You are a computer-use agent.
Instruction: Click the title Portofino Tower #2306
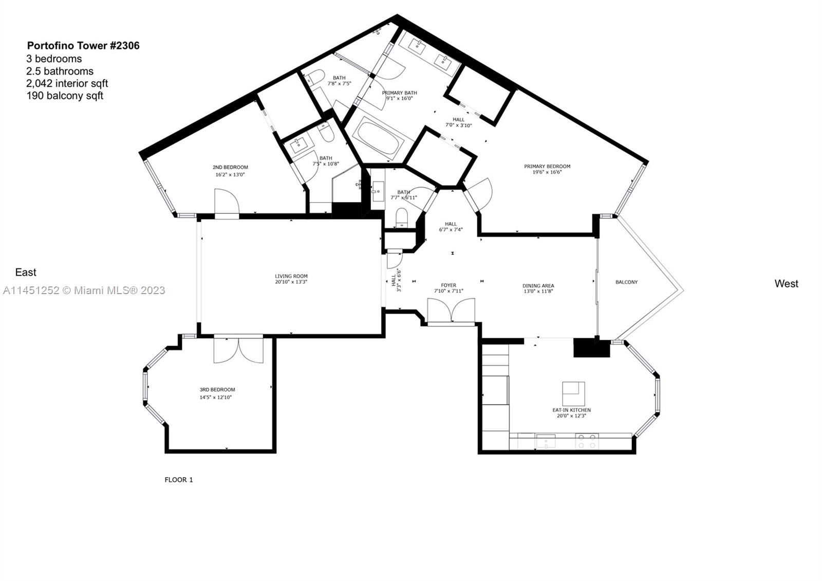tap(83, 46)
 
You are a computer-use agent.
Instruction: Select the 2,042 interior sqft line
tap(67, 83)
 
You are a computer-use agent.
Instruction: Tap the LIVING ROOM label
tap(291, 276)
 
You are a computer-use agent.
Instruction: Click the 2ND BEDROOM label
tap(230, 167)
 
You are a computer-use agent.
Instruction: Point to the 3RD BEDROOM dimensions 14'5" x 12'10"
tap(217, 397)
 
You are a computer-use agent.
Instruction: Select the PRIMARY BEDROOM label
tap(547, 166)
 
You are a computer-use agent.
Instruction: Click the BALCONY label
tap(626, 282)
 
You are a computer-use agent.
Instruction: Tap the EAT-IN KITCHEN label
tap(571, 410)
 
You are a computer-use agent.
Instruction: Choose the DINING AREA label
tap(538, 285)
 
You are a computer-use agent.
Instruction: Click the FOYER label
tap(449, 285)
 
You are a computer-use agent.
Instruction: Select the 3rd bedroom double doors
tap(238, 349)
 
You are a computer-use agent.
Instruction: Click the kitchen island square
tap(573, 393)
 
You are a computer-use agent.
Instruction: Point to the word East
tap(26, 273)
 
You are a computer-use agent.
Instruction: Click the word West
tap(786, 284)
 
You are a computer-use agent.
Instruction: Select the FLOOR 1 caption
tap(178, 480)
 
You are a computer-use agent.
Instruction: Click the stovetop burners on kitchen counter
tap(587, 441)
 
